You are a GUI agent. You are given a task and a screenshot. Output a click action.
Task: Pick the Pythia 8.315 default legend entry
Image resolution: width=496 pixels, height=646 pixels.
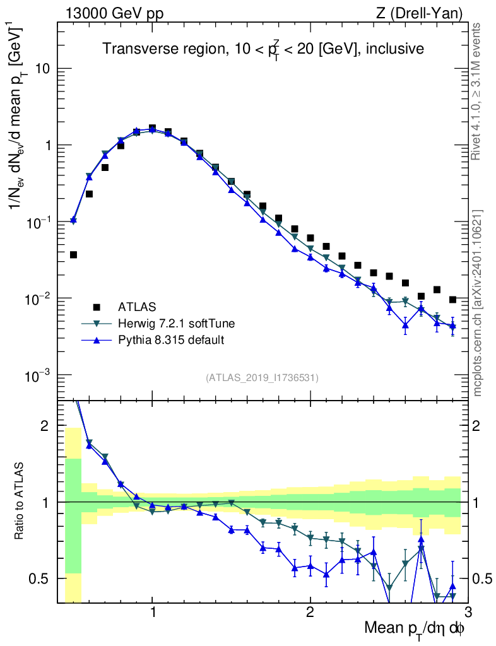click(171, 340)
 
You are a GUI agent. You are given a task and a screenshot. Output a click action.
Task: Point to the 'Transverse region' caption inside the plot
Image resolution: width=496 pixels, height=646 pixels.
click(263, 49)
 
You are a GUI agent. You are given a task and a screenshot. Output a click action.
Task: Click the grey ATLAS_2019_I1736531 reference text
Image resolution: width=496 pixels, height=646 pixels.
click(262, 378)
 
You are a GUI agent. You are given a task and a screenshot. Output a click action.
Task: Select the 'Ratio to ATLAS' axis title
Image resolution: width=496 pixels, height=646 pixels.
click(21, 502)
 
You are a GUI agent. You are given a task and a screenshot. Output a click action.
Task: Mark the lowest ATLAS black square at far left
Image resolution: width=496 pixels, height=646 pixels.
click(73, 255)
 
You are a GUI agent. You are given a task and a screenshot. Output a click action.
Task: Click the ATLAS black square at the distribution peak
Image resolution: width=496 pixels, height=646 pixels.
click(152, 128)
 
